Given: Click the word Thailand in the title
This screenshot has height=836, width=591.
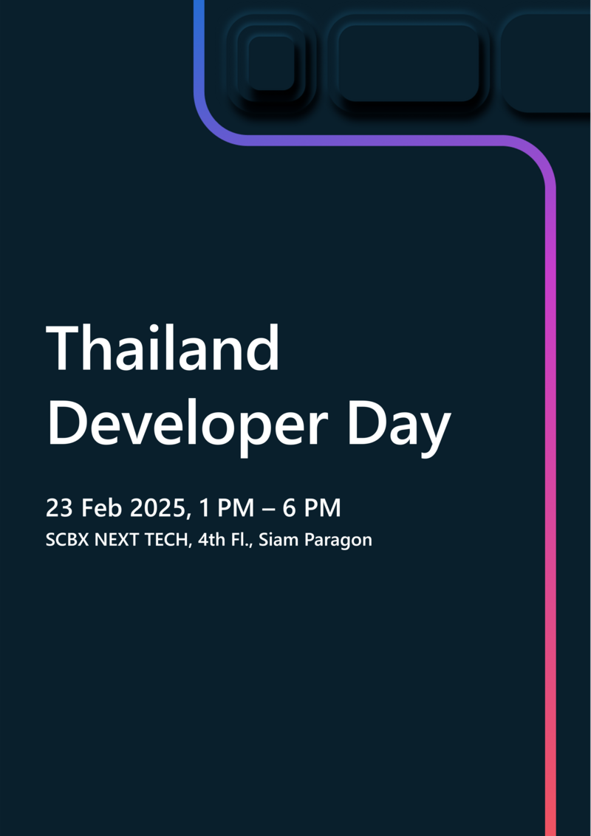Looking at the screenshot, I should pos(163,349).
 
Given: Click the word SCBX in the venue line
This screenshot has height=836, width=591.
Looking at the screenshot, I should pos(66,540).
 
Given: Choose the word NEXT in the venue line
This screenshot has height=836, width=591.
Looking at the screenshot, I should pos(116,540).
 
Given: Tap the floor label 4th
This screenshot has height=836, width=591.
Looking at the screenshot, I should pos(211,540).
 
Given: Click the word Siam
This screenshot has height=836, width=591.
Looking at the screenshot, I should pos(276,540).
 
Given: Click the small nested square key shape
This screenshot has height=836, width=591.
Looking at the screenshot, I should pos(271,63).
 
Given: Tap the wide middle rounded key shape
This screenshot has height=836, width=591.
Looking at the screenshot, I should pos(409,63).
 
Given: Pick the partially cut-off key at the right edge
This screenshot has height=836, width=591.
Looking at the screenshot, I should pos(550,63).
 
